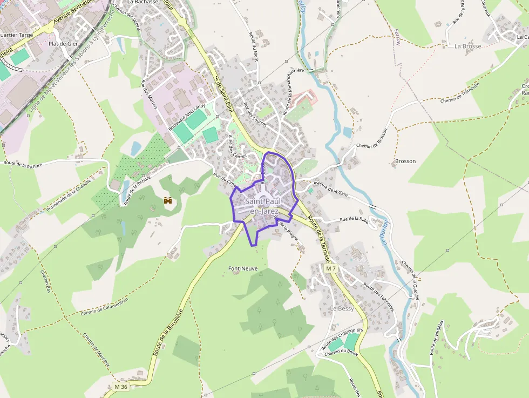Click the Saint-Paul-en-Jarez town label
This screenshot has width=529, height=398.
click(263, 206)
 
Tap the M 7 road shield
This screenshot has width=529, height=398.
click(331, 268)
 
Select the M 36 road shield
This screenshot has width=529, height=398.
click(121, 387)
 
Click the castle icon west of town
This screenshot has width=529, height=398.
click(168, 200)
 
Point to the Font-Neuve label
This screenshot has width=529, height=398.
click(243, 268)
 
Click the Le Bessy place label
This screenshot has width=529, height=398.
click(342, 309)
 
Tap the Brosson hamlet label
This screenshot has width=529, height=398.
click(405, 161)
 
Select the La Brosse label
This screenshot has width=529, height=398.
click(467, 46)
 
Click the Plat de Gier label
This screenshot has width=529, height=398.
click(64, 44)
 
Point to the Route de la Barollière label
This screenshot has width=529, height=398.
click(168, 331)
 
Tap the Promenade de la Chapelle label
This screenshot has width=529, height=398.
click(69, 195)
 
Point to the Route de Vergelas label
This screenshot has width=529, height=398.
click(437, 338)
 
